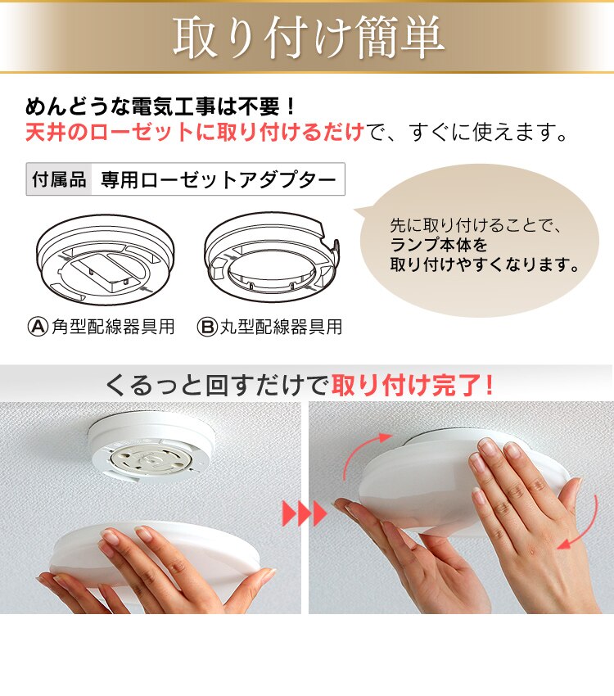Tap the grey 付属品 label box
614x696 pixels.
(x=59, y=179)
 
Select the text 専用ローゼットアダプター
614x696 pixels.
(x=219, y=180)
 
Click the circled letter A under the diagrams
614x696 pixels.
(x=38, y=327)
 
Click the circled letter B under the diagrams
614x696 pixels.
(x=207, y=328)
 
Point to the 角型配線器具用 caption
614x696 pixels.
(x=113, y=327)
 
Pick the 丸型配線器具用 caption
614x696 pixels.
(x=282, y=328)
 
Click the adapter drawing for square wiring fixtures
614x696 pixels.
(x=105, y=260)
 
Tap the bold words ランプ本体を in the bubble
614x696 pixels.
(x=438, y=245)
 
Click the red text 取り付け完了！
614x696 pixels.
(x=413, y=384)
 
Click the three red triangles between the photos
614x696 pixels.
(x=305, y=513)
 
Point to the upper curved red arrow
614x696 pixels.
(x=357, y=451)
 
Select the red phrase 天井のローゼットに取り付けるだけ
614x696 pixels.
(x=194, y=133)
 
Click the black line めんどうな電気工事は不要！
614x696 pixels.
(x=160, y=106)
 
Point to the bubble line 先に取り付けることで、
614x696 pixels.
(x=476, y=225)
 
